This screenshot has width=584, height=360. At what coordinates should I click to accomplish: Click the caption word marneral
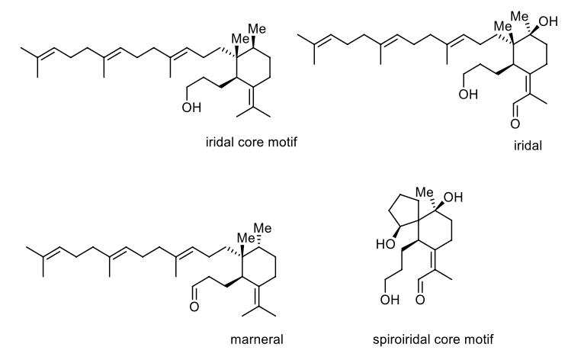coord(257,339)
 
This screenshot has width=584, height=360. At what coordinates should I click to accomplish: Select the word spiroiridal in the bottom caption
coord(402,340)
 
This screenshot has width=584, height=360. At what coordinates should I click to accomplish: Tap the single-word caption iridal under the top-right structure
coord(528,146)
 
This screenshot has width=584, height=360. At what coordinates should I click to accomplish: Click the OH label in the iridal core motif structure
coord(191,108)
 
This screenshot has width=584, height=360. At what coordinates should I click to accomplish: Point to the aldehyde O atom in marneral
coord(194,307)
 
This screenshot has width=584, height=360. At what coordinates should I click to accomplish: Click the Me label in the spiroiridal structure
coord(424,192)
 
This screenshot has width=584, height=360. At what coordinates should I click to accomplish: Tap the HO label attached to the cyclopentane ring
coord(386,245)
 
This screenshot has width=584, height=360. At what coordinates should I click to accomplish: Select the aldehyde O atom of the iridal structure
coord(515,124)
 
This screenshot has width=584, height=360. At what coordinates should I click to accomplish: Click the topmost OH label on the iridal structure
coord(548,21)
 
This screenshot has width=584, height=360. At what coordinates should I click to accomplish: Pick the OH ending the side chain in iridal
coord(468,95)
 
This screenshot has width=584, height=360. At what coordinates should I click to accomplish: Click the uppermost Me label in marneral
coord(262,228)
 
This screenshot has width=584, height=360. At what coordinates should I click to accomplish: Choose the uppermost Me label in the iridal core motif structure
coord(257,29)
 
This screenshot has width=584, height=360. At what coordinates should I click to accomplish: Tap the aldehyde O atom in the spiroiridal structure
coord(420,300)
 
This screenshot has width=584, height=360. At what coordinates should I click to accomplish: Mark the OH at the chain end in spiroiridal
coord(390,300)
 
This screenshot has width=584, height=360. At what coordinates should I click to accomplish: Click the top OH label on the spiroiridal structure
coord(454,197)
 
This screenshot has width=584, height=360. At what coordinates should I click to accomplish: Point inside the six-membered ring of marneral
coord(258,267)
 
